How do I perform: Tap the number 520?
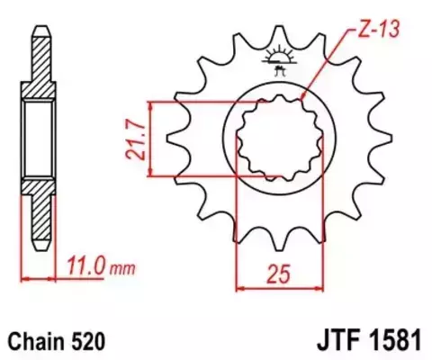pos(93,342)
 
